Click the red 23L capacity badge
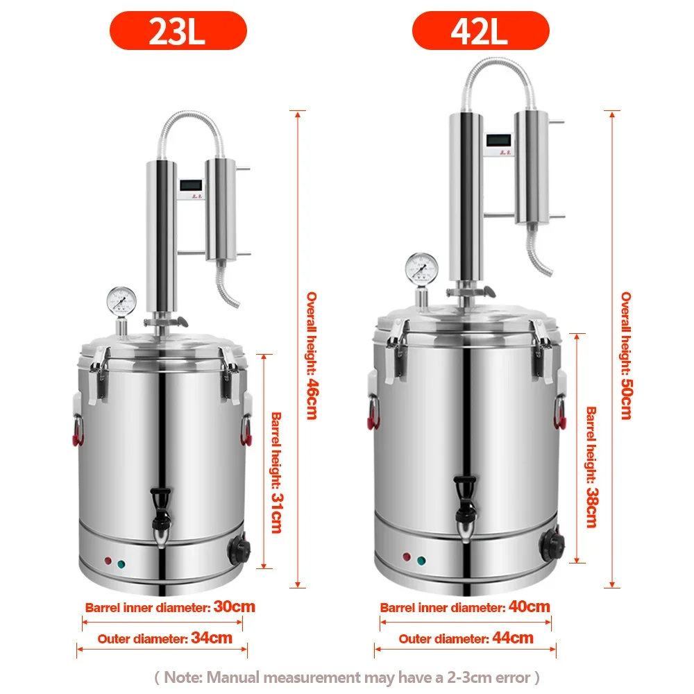click(178, 31)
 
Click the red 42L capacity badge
click(481, 31)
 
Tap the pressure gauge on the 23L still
click(121, 301)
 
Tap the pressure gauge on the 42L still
click(422, 268)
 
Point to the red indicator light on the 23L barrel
click(108, 561)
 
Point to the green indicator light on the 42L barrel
click(421, 561)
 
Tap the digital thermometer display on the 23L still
click(192, 185)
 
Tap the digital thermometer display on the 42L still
click(498, 140)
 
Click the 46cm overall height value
click(312, 399)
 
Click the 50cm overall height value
click(626, 399)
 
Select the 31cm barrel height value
click(277, 513)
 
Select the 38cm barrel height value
click(592, 507)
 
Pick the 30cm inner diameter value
click(234, 607)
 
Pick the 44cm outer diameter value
click(513, 638)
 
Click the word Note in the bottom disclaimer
click(183, 677)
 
